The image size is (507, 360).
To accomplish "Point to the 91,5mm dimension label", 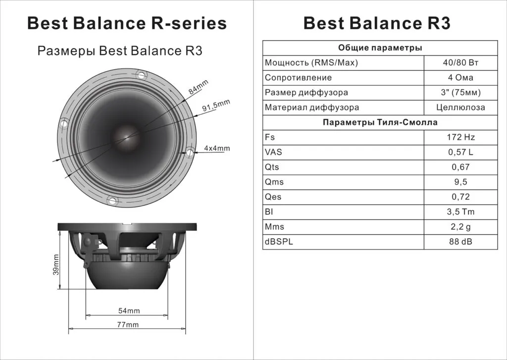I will click(x=216, y=106).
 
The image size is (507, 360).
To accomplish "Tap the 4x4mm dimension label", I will click(x=217, y=148).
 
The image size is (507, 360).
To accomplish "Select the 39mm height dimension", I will click(x=56, y=264).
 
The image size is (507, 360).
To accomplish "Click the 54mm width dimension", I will click(x=129, y=310).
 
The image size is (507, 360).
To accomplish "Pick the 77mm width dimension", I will click(x=128, y=324).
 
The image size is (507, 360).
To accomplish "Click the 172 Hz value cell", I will click(x=461, y=137).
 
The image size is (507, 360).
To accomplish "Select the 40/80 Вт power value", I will click(x=461, y=63).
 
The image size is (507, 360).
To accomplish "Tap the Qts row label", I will click(x=273, y=167).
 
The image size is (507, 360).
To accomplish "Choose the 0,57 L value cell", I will click(x=461, y=152).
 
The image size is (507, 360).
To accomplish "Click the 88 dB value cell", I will click(x=461, y=242).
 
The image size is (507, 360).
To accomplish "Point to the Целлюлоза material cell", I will click(x=461, y=107).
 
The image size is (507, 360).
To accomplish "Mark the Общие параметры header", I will click(x=380, y=48).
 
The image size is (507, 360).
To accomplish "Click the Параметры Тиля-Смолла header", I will click(x=380, y=122).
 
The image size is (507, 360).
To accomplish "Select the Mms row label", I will click(x=274, y=227).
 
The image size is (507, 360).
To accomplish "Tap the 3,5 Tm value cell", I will click(x=461, y=212).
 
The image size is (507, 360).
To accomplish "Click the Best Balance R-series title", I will click(x=127, y=23).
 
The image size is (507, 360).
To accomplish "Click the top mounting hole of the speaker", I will click(x=141, y=75).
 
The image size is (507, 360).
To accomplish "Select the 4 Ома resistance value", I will click(x=461, y=78).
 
